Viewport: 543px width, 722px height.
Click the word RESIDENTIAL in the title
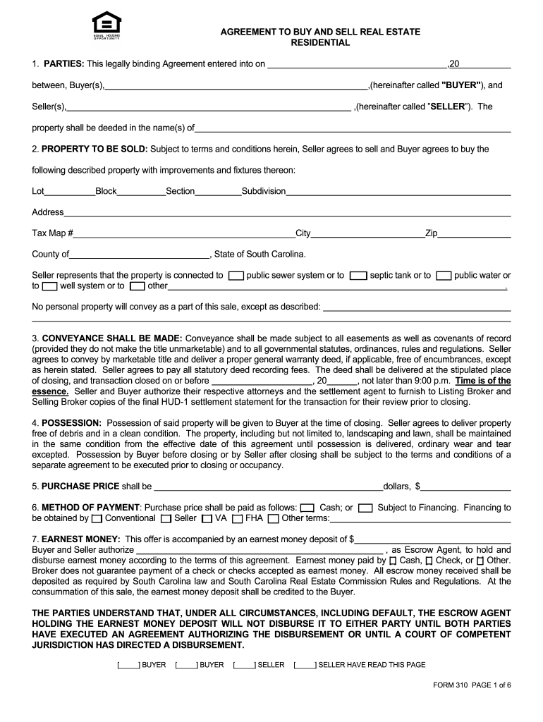click(320, 43)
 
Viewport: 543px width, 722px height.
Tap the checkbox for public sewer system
click(237, 276)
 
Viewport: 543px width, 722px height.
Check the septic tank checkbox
click(359, 276)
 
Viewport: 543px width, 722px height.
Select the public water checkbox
click(444, 276)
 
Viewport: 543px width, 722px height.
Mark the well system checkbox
click(49, 286)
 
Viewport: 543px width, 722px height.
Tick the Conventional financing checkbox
click(97, 519)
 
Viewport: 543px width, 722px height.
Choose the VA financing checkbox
click(207, 519)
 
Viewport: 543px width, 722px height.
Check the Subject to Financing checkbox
click(365, 508)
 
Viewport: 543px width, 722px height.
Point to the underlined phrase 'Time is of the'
click(483, 381)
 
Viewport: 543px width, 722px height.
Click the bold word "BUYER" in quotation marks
click(462, 85)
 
